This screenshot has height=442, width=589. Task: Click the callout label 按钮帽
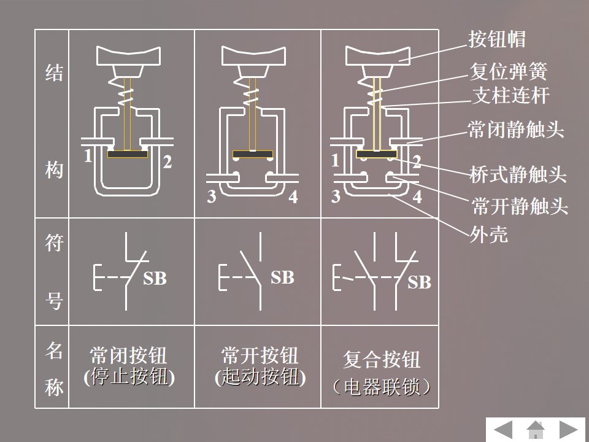click(498, 40)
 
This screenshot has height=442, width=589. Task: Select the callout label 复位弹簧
click(507, 72)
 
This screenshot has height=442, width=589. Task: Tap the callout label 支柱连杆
click(510, 95)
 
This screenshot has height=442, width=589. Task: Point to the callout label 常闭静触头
click(515, 130)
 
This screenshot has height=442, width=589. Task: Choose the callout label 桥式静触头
click(517, 175)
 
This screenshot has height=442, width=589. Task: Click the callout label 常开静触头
click(519, 206)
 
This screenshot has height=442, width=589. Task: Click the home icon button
click(536, 429)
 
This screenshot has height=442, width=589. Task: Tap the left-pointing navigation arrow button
click(504, 429)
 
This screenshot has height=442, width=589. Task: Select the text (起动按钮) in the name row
click(260, 376)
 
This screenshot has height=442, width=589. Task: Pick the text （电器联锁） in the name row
click(380, 387)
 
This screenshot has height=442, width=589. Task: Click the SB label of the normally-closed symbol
click(155, 279)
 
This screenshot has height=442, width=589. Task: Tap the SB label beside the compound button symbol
click(420, 282)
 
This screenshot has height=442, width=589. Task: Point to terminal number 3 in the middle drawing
click(211, 198)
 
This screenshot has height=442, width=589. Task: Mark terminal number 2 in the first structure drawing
click(167, 163)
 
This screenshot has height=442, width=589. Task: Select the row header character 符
click(54, 244)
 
